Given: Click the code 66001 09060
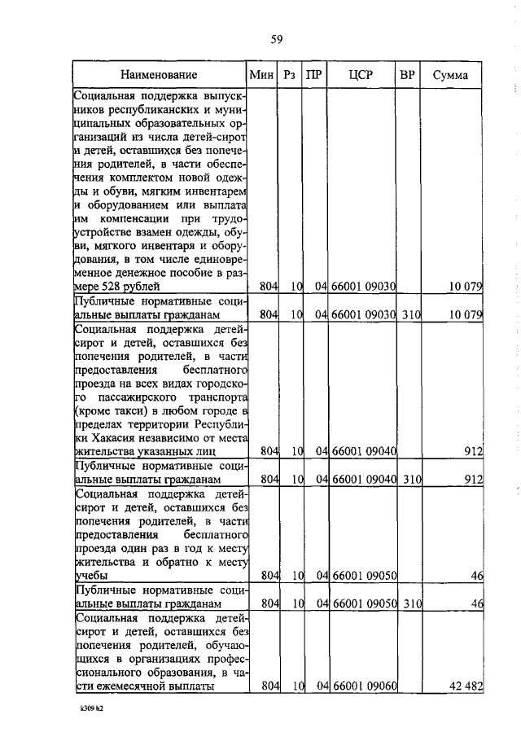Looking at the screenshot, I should [363, 687].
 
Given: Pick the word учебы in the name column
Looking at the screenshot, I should [90, 576].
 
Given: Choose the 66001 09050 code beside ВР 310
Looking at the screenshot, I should [363, 603].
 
